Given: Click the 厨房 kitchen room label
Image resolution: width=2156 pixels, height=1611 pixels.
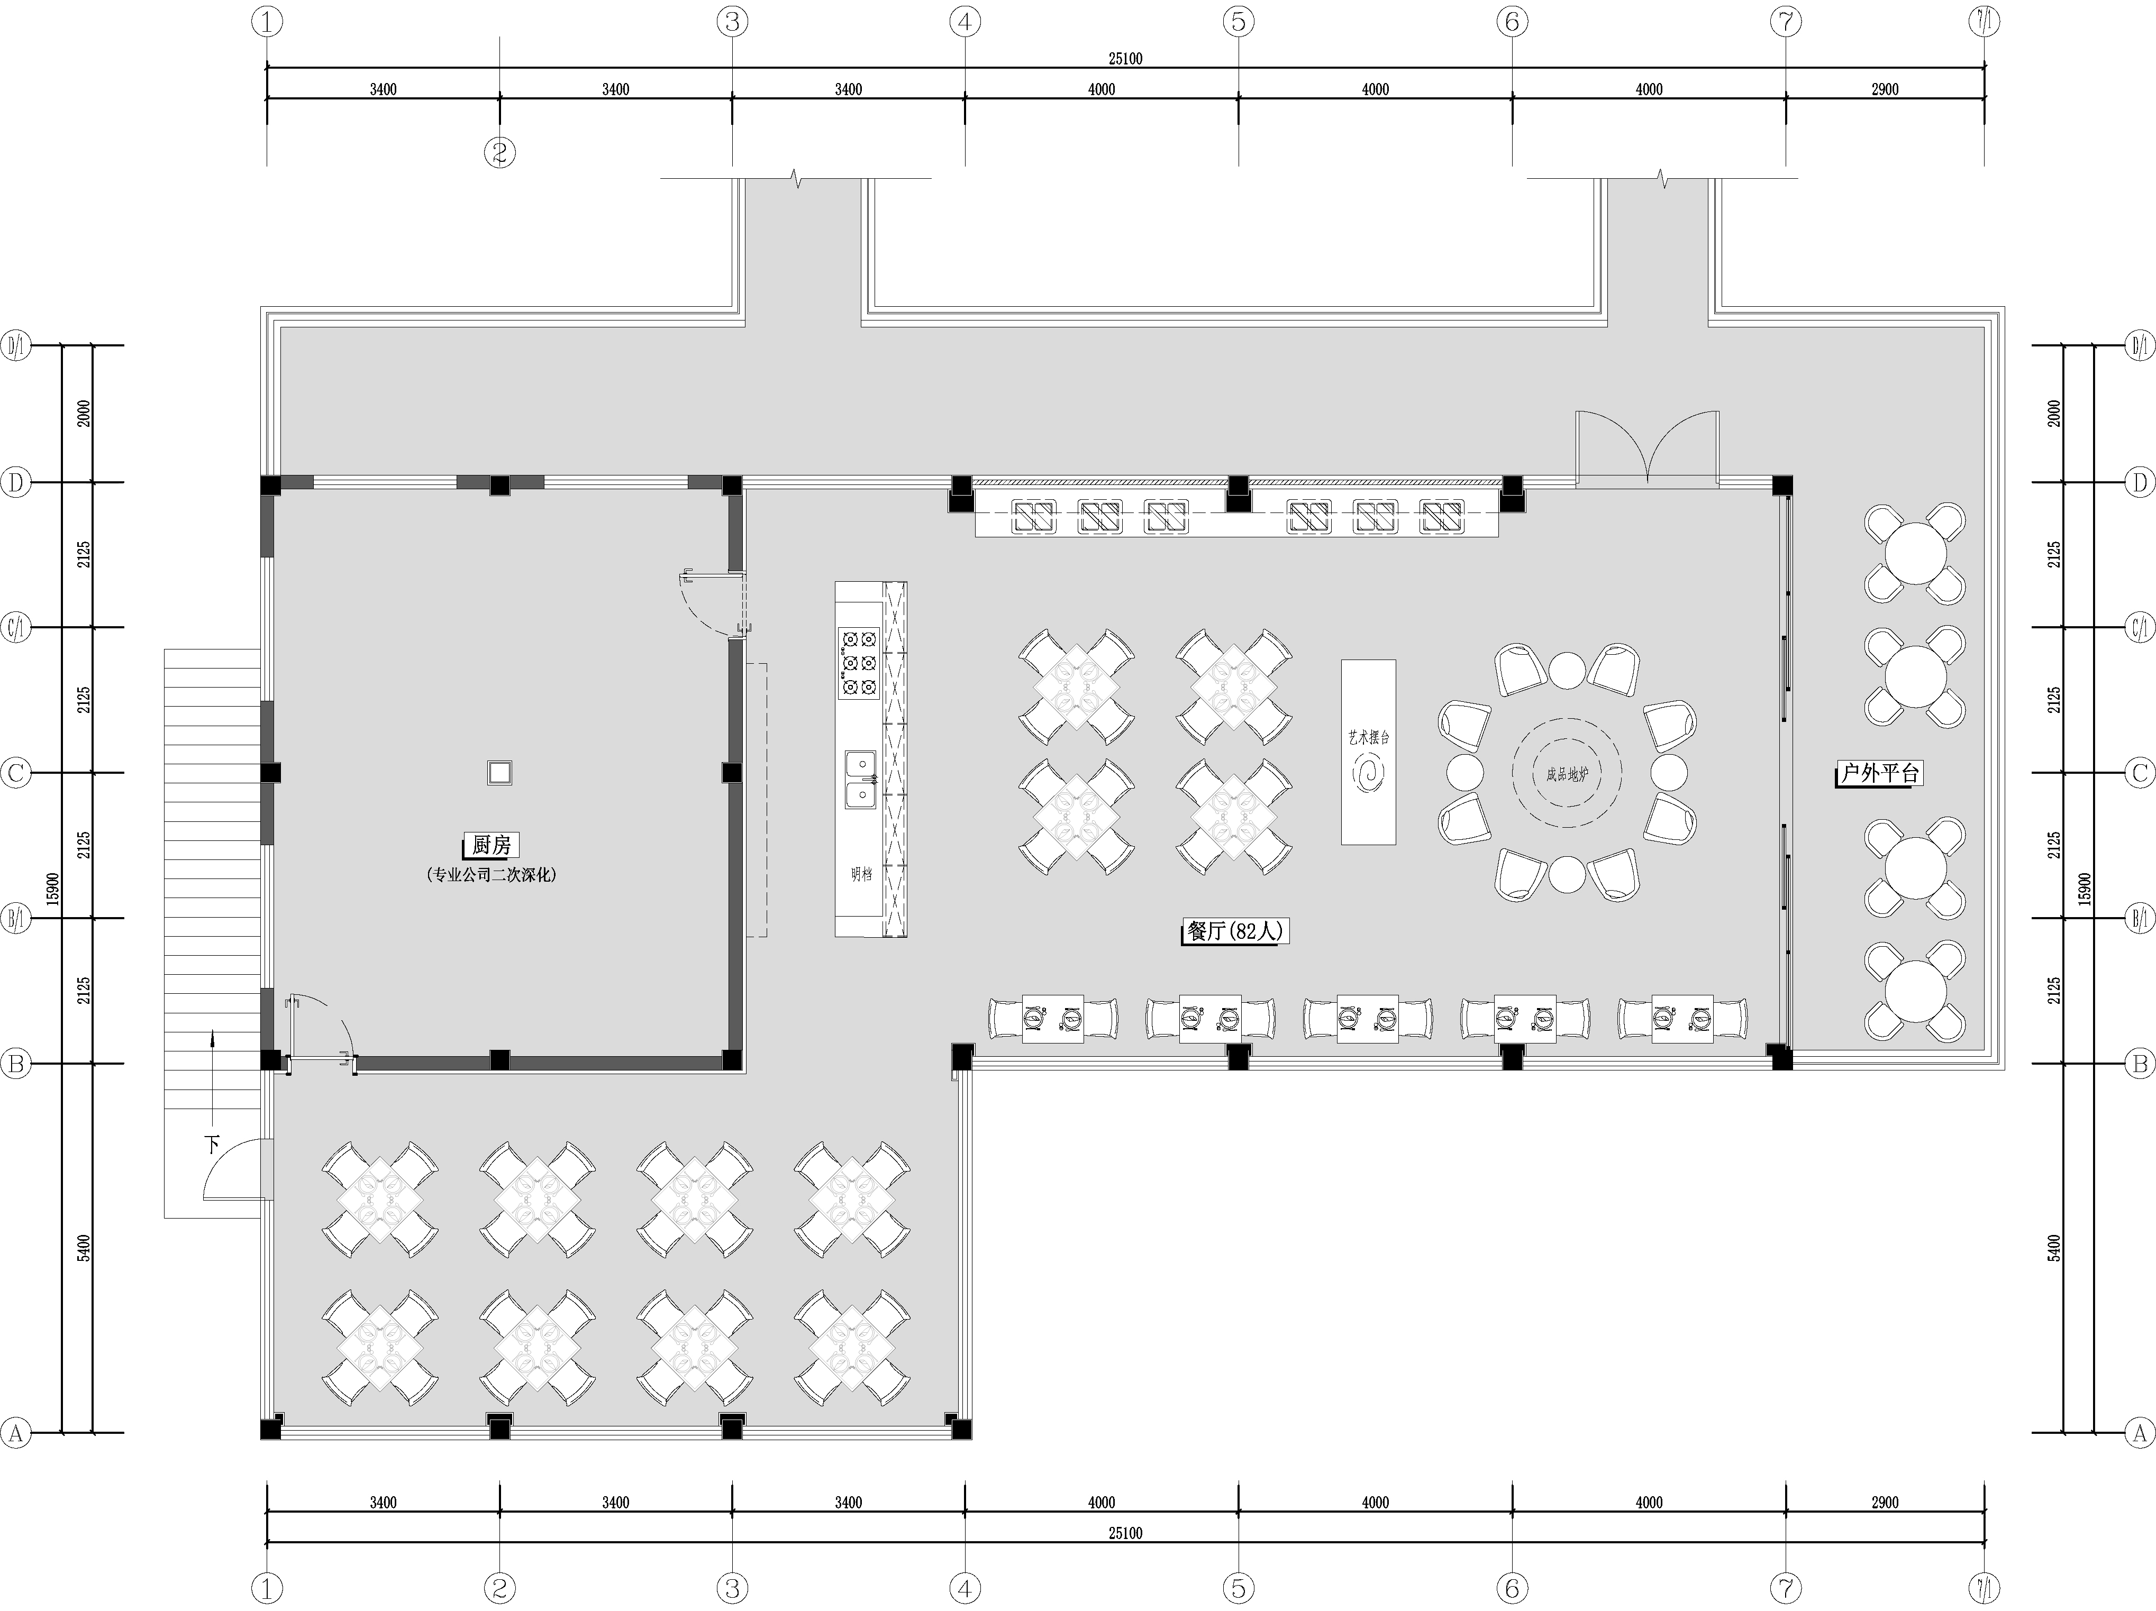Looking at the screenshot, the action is point(491,845).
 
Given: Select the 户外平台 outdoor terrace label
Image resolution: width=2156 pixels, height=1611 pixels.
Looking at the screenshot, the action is point(1879,774).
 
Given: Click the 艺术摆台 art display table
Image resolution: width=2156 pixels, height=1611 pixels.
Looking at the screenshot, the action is point(1368,752).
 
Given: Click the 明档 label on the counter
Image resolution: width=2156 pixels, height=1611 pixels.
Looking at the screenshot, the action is point(861,874).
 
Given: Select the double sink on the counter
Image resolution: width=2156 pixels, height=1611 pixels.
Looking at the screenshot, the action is point(861,780).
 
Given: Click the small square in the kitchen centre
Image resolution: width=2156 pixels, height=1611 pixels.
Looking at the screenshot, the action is point(499,773).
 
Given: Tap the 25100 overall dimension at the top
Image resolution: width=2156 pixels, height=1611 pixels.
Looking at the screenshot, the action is point(1125,59).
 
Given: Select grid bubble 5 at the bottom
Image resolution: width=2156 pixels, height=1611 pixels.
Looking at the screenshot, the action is point(1239,1589).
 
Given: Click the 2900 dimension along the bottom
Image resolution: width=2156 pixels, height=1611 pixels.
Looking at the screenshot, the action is point(1885,1502).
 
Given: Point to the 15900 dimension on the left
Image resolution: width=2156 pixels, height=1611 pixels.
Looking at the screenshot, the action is point(53,889).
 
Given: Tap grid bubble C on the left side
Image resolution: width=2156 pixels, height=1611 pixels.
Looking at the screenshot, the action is point(15,773).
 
